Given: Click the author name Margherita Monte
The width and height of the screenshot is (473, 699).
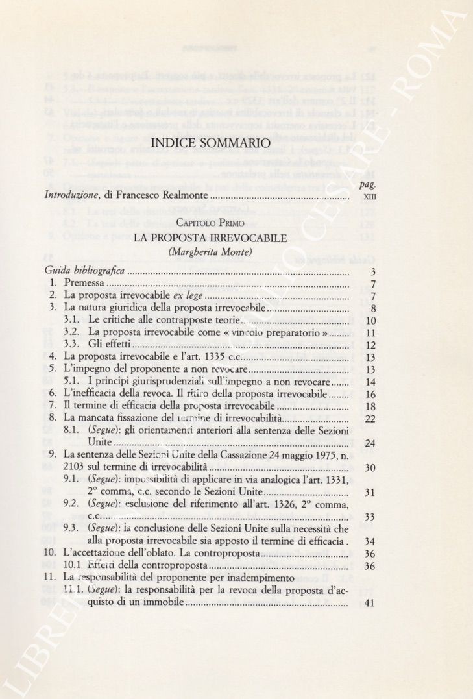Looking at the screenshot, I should pos(210,252).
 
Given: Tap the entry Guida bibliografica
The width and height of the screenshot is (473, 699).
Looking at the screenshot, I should pos(84,271).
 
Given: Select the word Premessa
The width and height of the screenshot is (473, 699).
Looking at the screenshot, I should pos(84,284).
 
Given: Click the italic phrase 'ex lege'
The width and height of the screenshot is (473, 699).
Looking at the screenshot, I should pos(166,296).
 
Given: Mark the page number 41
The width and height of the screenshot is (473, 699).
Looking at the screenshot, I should pos(370,603).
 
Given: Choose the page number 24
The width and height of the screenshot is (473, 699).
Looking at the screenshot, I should pos(370,443).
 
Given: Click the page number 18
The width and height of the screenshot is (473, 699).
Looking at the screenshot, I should pos(370,406).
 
